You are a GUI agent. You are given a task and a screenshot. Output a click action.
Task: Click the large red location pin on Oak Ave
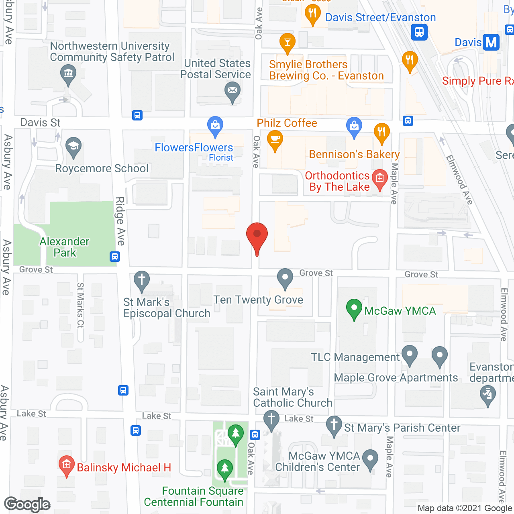coord(257,235)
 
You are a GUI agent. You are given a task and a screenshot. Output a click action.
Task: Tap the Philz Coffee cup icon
coord(275,139)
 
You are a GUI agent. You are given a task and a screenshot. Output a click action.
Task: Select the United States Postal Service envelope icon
coord(233,90)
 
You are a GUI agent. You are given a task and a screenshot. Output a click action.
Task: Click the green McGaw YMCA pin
coord(354,308)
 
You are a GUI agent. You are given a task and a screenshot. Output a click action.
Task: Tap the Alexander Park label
coord(64,247)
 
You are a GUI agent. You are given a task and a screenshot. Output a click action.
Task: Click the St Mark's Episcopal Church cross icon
coord(141,279)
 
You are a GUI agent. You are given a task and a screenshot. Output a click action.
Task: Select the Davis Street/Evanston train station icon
coord(419,32)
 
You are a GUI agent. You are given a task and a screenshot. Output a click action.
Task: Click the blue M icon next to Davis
coord(491,42)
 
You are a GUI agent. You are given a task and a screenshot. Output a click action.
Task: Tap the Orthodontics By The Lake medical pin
coord(380,178)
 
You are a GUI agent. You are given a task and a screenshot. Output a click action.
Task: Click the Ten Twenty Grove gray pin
coord(285,277)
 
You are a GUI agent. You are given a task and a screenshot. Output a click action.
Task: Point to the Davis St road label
coord(40,122)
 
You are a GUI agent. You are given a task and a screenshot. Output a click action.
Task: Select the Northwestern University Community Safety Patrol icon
coord(68,73)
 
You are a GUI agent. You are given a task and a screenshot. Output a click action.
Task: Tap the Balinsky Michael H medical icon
coord(67,465)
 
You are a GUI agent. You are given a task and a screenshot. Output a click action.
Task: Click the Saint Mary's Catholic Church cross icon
coord(271,419)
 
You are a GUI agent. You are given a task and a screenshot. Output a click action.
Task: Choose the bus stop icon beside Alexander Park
coord(115,256)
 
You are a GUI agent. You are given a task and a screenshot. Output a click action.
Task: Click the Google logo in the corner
coord(27,504)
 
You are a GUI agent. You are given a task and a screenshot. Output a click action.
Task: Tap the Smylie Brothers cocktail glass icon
coord(288,42)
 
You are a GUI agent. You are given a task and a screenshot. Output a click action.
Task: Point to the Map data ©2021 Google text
coord(465,508)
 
